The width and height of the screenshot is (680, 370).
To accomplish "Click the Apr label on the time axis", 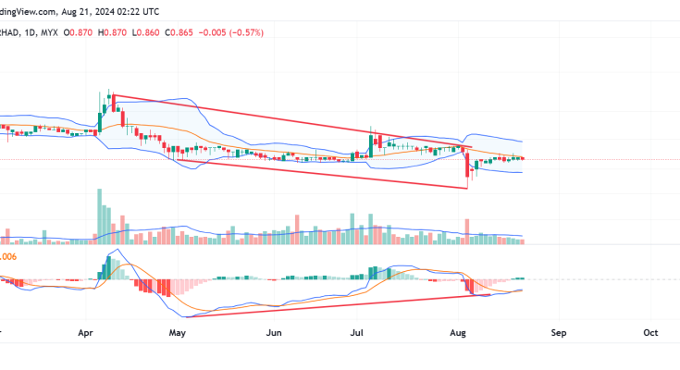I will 89,331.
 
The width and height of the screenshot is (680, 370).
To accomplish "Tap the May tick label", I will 179,331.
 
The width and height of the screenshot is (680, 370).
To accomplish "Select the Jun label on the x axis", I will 274,331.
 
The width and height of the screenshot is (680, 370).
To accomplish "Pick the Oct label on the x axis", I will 649,331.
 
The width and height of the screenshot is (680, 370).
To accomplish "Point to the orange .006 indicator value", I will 8,256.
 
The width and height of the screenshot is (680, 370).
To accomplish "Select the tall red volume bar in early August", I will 467,230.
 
